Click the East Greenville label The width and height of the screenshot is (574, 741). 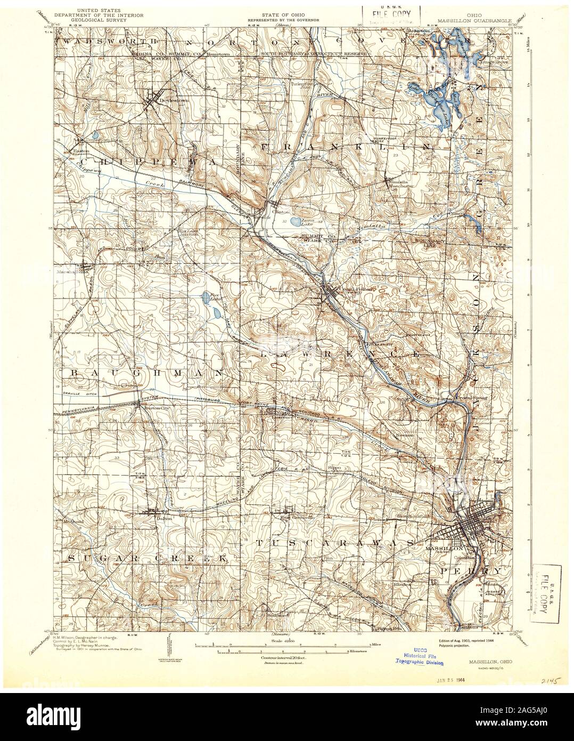pos(294,517)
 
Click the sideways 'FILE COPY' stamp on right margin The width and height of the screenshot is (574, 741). pos(544,593)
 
